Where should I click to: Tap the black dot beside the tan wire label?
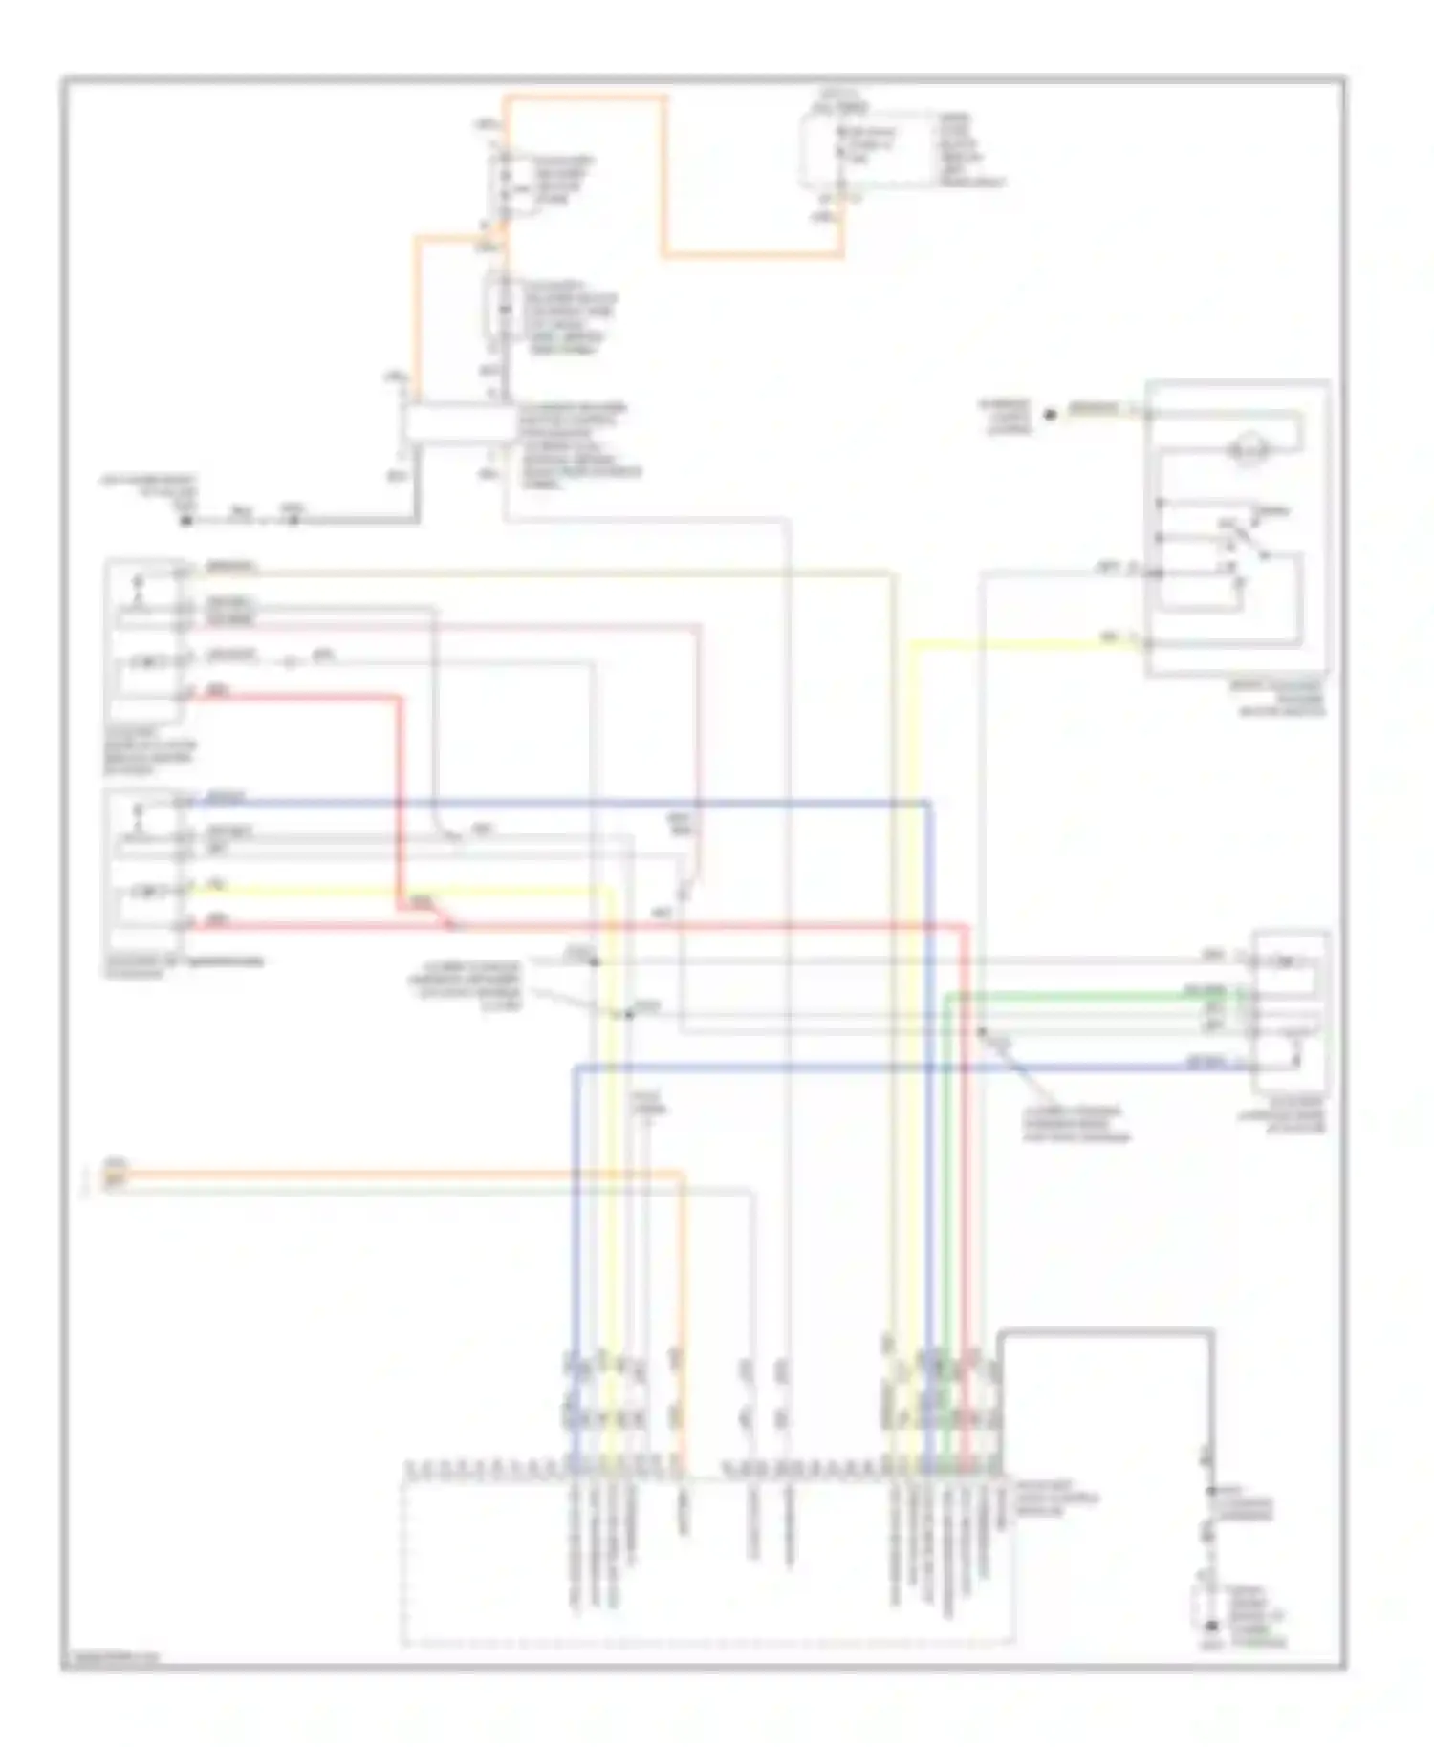[1050, 414]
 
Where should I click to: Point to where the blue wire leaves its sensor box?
[182, 802]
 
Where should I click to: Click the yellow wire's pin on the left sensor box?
[182, 890]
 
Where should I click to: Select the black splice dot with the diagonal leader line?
[982, 1032]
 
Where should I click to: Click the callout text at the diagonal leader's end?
[1075, 1125]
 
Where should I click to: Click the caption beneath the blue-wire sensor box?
[182, 966]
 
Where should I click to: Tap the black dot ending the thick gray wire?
[187, 521]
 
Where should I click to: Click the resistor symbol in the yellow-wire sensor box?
[148, 892]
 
